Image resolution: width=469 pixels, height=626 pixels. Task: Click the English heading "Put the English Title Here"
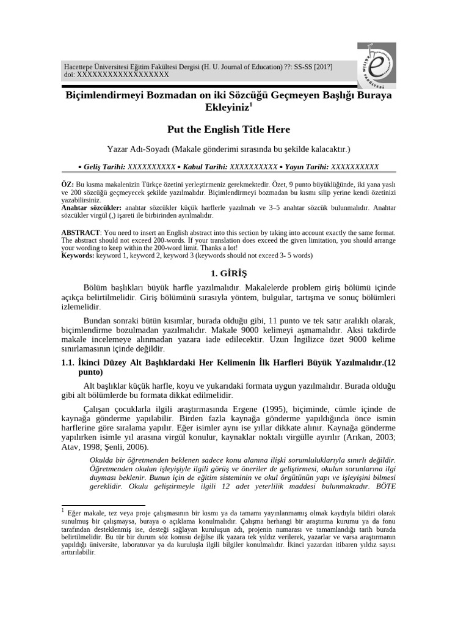pyautogui.click(x=228, y=129)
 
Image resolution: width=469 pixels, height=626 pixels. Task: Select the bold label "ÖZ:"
pyautogui.click(x=68, y=184)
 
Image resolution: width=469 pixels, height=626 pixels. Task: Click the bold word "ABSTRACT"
pyautogui.click(x=81, y=233)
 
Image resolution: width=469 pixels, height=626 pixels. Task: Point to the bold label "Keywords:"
pyautogui.click(x=78, y=255)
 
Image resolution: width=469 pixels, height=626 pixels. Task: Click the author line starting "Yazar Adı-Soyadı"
pyautogui.click(x=228, y=149)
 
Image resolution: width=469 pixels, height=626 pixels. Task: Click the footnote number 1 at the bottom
pyautogui.click(x=63, y=509)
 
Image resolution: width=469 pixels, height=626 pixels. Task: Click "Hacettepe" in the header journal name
pyautogui.click(x=82, y=67)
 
